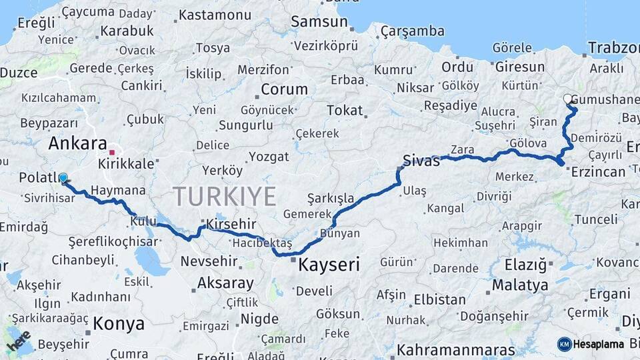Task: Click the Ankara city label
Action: [78, 143]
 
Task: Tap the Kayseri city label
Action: [329, 265]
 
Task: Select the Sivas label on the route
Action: [421, 161]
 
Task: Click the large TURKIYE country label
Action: [224, 197]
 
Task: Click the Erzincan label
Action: [599, 172]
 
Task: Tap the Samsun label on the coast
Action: [319, 22]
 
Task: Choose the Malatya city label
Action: [520, 285]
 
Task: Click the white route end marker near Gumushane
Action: [568, 99]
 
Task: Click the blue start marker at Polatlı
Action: [63, 178]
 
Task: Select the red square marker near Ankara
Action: [112, 152]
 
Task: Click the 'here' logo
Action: [19, 340]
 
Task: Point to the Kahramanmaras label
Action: [455, 350]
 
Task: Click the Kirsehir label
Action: [231, 223]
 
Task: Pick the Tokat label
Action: [345, 111]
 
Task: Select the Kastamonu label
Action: [214, 14]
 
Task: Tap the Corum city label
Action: [284, 89]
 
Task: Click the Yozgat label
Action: [269, 157]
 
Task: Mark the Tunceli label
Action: [596, 219]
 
